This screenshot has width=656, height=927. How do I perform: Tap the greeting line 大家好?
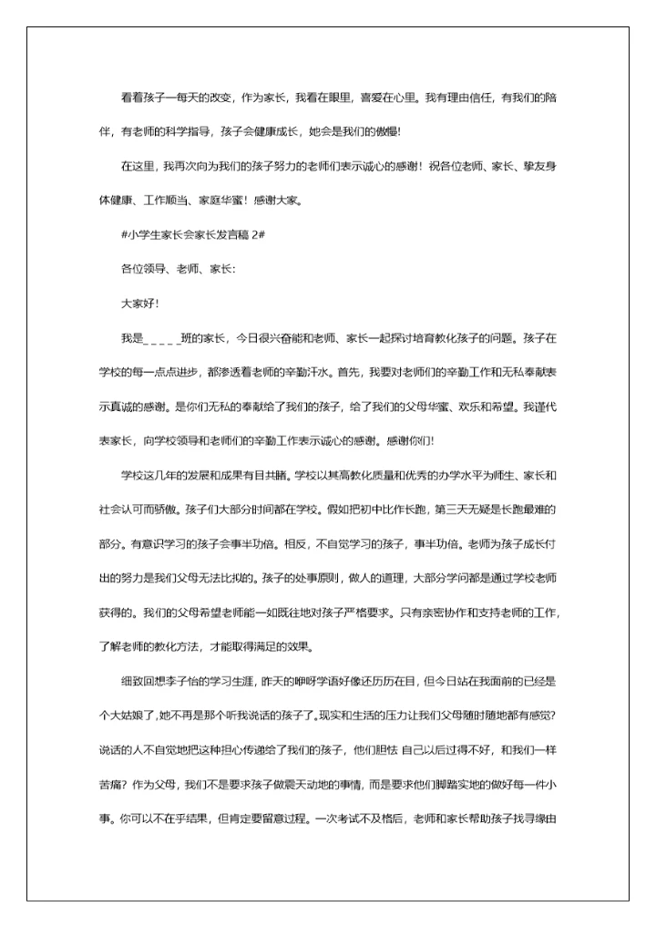[139, 303]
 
